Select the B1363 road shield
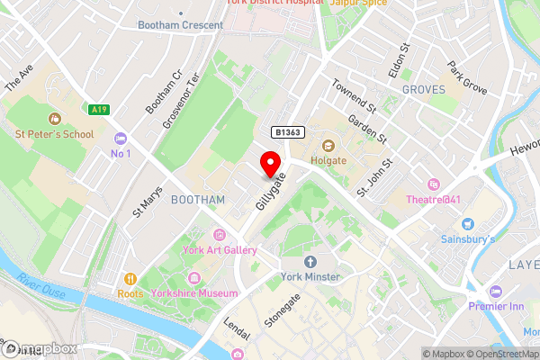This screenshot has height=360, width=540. (x=289, y=132)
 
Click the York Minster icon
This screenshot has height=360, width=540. (x=310, y=262)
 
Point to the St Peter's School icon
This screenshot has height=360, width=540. (x=54, y=119)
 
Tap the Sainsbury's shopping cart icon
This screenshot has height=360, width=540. (x=467, y=223)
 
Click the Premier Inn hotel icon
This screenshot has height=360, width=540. (x=495, y=292)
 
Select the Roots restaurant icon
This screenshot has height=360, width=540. (x=131, y=279)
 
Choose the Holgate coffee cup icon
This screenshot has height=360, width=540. (x=327, y=146)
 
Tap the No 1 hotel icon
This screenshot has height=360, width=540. (x=120, y=139)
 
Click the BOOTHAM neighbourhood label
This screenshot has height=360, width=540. (x=197, y=199)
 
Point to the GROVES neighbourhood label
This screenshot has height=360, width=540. (x=424, y=90)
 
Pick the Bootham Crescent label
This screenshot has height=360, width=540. (x=180, y=25)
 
